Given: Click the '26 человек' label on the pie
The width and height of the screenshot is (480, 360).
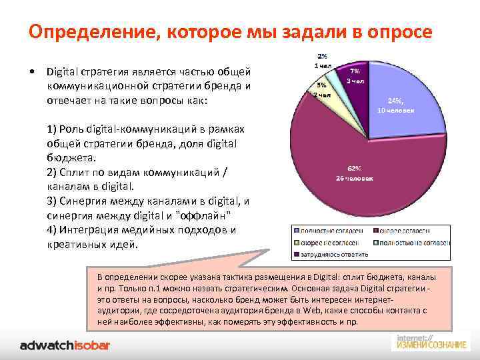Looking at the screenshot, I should (x=354, y=178).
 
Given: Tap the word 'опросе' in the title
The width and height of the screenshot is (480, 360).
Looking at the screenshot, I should (x=400, y=32).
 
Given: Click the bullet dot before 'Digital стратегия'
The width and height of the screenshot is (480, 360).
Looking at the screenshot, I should (x=32, y=72).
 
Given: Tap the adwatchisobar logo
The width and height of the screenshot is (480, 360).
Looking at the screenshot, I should (x=65, y=345).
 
